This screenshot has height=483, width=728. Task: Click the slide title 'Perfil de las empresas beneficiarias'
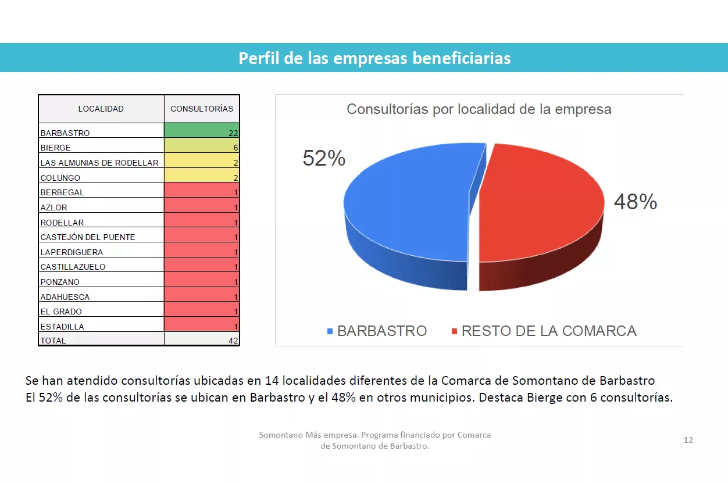click(x=374, y=58)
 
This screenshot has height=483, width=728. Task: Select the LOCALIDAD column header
click(x=101, y=109)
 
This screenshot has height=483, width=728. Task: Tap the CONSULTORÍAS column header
click(x=202, y=109)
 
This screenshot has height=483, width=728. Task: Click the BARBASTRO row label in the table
click(x=65, y=133)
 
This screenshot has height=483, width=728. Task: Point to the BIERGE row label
click(x=56, y=148)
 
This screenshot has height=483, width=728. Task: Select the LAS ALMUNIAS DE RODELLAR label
click(x=99, y=163)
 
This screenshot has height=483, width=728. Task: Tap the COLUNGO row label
click(x=60, y=178)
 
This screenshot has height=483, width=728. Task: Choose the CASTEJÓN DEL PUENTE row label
click(x=88, y=237)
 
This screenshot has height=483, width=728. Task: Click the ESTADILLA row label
click(x=62, y=327)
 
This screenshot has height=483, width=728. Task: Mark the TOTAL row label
click(x=53, y=341)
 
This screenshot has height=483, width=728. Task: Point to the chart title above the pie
click(x=479, y=109)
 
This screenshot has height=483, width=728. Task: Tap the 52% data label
click(x=324, y=158)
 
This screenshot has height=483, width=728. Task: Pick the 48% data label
click(x=635, y=202)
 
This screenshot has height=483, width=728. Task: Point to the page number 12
click(x=688, y=440)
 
